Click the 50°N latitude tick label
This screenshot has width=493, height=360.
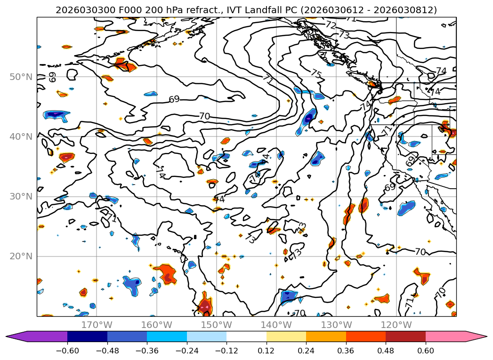click(21, 77)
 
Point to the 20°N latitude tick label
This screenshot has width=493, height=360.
click(21, 256)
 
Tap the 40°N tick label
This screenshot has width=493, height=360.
click(21, 137)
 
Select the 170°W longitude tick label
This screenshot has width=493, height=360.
click(97, 325)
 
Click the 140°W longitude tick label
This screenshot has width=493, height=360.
click(276, 325)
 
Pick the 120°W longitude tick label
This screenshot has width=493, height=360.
click(396, 325)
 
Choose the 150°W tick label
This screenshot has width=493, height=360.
click(217, 325)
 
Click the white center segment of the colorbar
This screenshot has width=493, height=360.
click(246, 336)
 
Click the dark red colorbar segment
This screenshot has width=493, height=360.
click(405, 336)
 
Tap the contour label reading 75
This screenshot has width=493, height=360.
click(316, 74)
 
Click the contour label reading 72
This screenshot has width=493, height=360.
click(331, 25)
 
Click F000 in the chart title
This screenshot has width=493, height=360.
click(118, 10)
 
